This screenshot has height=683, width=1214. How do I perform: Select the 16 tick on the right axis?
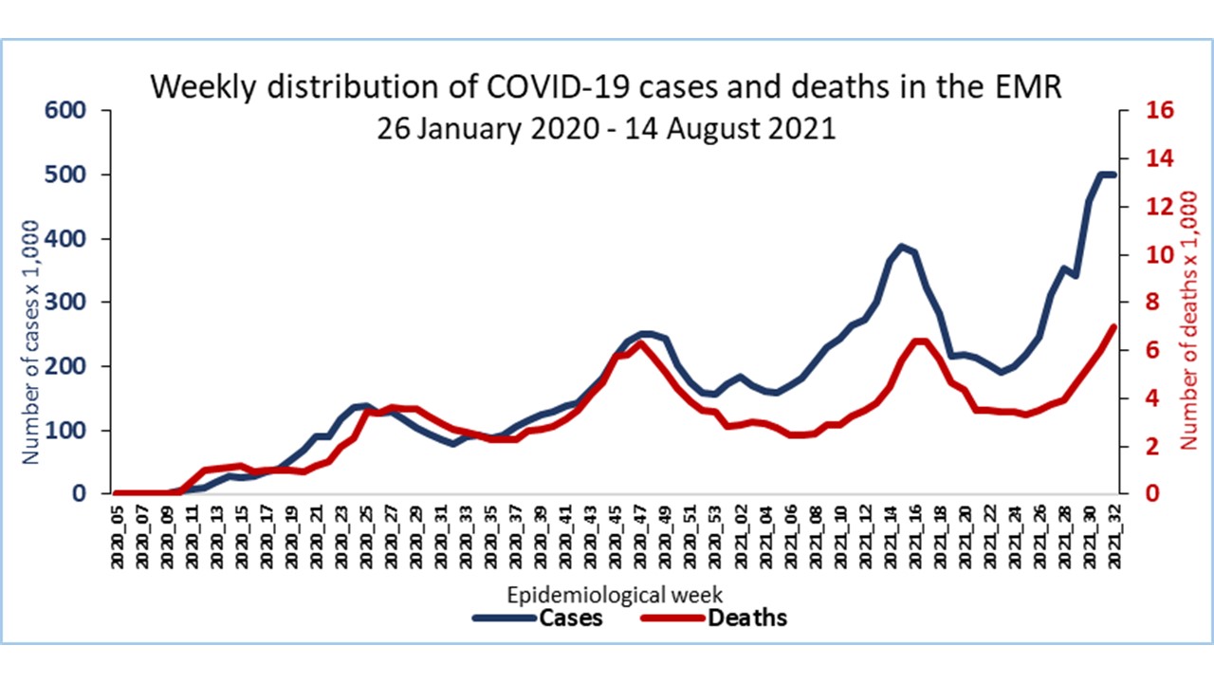point(1163,110)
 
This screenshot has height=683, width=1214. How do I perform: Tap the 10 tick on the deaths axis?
point(1163,254)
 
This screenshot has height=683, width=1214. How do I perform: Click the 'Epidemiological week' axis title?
point(616,595)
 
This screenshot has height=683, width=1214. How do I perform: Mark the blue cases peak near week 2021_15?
point(902,246)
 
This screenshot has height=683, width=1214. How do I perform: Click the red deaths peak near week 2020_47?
point(642,343)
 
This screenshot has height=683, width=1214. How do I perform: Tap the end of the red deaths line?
point(1113,326)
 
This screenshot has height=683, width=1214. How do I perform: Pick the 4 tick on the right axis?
point(1153,397)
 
